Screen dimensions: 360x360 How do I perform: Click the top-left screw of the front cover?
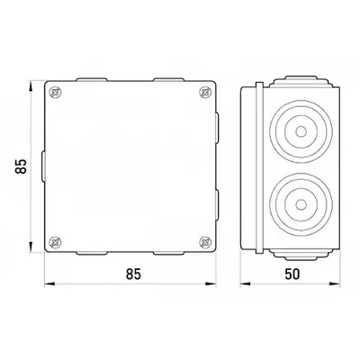point(55,92)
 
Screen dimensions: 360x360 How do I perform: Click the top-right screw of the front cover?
point(205,92)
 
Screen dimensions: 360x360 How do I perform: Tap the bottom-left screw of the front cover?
point(55,242)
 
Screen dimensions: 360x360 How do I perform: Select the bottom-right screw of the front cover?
point(205,242)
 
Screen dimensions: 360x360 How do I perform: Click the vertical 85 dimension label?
point(21,166)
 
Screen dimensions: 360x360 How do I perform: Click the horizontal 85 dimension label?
point(133,274)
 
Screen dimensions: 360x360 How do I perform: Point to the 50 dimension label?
point(292,274)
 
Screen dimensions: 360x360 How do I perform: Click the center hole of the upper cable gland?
point(301,131)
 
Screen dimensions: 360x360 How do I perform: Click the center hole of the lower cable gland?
point(301,205)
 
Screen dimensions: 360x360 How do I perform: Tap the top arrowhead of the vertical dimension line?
point(31,85)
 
